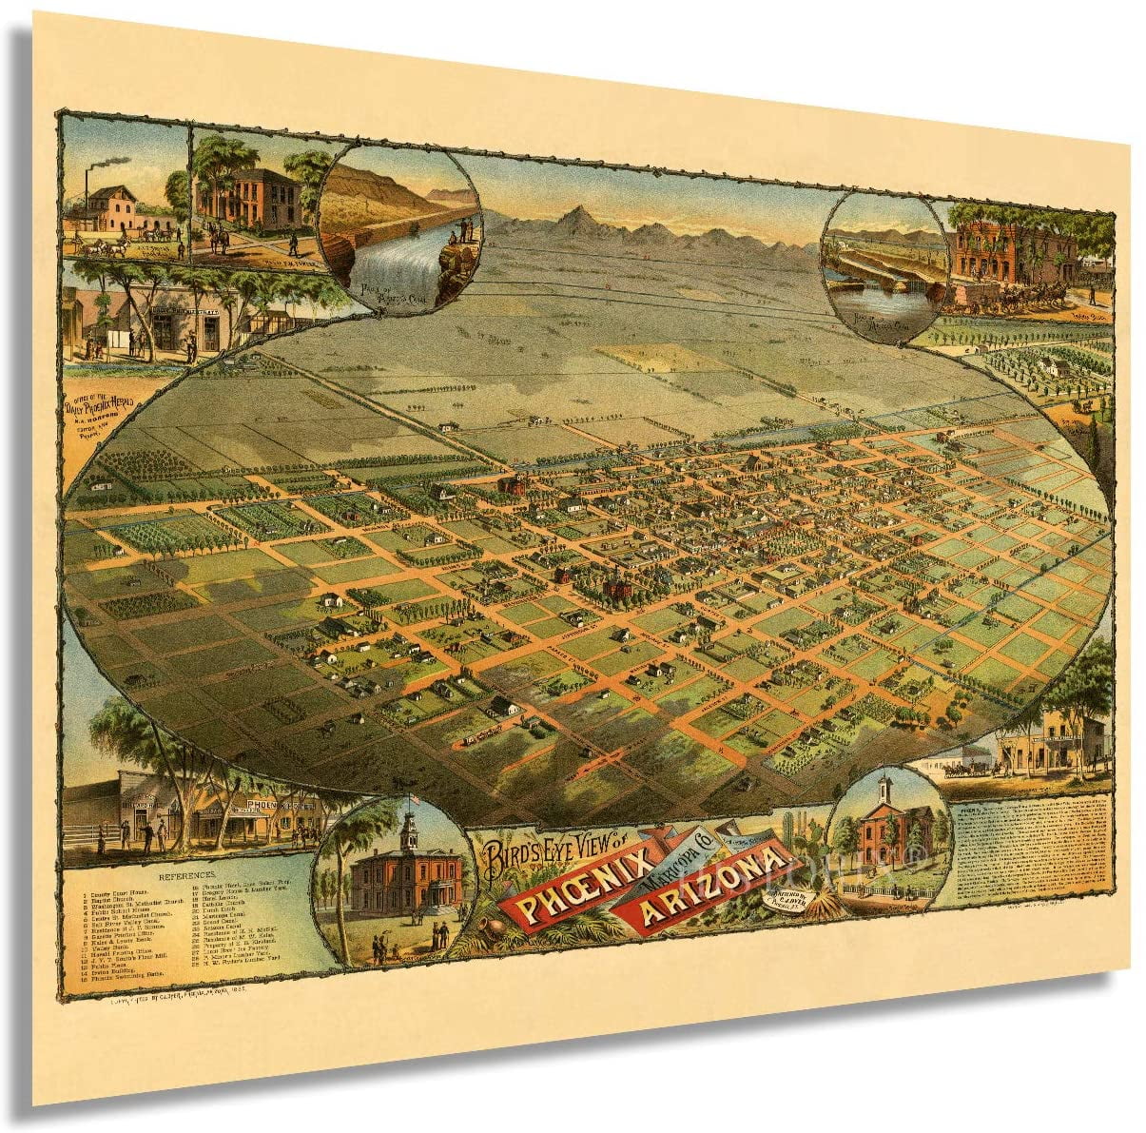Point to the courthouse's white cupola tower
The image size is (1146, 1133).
[409, 833]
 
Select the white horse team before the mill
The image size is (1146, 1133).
[105, 244]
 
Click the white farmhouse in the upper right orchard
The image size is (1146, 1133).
[1051, 366]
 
